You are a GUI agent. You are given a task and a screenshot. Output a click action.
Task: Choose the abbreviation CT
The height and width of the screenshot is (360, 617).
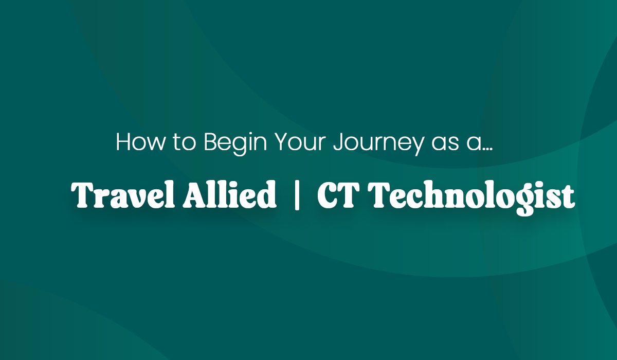click(x=339, y=195)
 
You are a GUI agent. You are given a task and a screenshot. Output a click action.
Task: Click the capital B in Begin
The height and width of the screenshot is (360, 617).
click(x=210, y=142)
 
